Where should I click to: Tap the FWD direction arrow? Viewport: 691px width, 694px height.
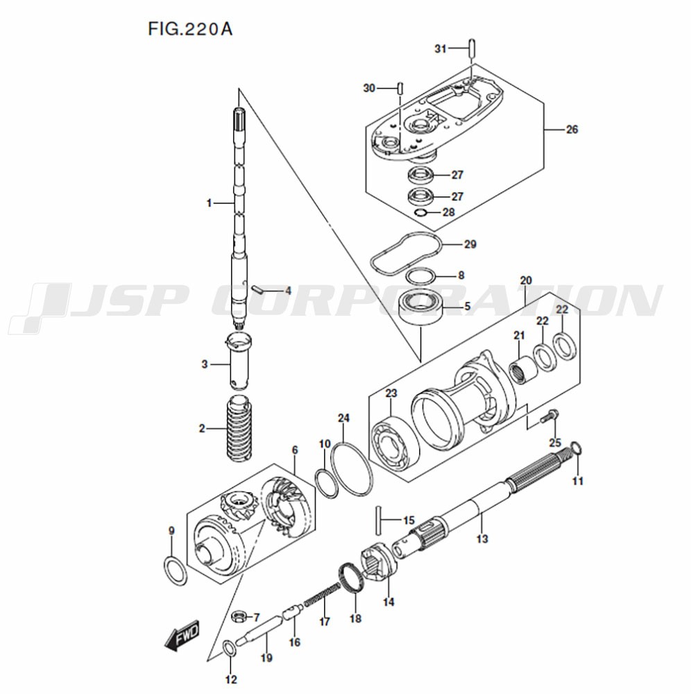[182, 634]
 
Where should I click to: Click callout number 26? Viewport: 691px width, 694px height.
[572, 129]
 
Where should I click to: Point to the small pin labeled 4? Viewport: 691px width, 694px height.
[257, 289]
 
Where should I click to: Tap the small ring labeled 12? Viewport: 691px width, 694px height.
[229, 650]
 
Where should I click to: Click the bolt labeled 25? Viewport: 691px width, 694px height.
[550, 417]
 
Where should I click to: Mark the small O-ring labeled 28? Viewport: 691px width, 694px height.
[421, 212]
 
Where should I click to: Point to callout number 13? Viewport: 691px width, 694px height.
[481, 538]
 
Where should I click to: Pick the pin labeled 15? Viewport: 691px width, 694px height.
[379, 518]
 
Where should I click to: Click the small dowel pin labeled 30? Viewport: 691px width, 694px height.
[400, 87]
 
